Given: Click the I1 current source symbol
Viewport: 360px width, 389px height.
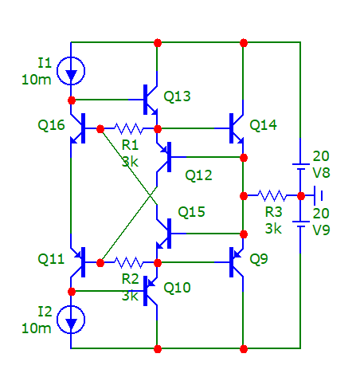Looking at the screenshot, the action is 71,71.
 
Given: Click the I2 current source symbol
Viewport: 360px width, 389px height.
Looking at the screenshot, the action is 71,320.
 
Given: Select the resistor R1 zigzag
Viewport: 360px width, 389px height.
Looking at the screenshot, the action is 129,128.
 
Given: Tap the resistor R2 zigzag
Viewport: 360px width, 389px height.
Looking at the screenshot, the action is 129,262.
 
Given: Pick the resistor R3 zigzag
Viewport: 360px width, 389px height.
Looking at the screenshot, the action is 272,195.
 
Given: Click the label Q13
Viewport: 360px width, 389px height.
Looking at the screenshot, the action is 177,96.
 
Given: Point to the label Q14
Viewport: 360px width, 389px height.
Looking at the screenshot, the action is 263,125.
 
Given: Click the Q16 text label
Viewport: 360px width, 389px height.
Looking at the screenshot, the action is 51,125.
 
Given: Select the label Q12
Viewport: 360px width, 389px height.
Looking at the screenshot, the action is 198,175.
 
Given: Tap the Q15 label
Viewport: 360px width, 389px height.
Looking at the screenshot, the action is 191,212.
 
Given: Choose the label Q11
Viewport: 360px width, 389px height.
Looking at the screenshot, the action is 51,259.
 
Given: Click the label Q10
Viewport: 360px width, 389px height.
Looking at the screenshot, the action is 177,288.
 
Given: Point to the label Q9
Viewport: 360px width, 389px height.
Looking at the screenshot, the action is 259,259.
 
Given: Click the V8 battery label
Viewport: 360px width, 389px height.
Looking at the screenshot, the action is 322,173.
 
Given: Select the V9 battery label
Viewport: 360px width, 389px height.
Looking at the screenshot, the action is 322,230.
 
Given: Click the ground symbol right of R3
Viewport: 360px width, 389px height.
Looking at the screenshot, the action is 318,196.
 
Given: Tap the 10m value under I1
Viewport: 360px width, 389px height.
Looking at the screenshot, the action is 37,80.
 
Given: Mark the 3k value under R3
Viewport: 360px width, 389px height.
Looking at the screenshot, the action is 273,229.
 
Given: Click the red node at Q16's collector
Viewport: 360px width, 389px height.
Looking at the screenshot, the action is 72,100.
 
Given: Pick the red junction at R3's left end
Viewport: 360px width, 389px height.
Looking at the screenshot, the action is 244,196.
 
